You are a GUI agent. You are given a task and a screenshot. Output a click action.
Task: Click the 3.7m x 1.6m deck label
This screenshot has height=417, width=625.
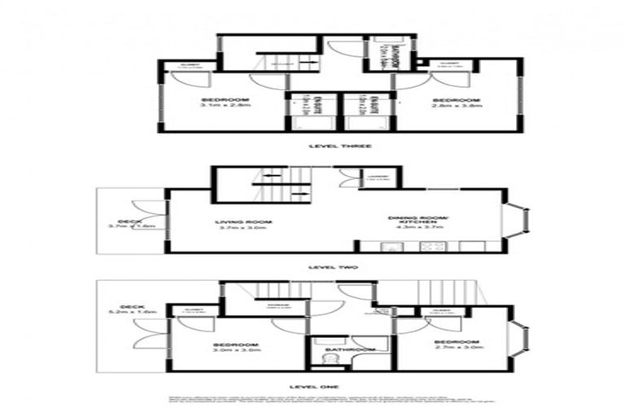tap(130, 226)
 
